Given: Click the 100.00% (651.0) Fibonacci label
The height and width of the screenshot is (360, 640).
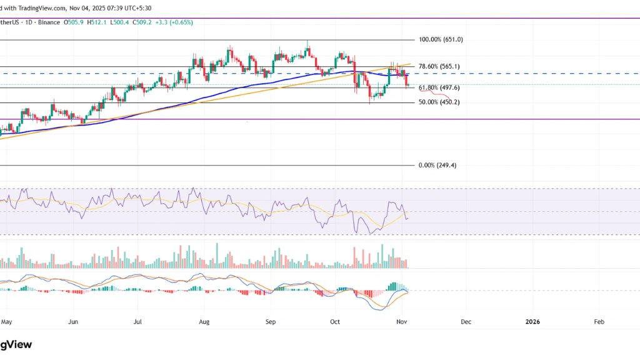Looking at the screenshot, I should tap(441, 39).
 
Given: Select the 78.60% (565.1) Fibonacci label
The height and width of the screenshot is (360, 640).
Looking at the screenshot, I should tap(439, 66).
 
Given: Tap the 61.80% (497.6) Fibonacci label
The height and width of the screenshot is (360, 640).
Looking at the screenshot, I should tap(439, 88).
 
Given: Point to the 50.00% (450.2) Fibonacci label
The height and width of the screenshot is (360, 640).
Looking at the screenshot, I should tap(439, 102).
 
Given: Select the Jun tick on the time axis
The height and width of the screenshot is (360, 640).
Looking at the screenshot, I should tap(73, 322).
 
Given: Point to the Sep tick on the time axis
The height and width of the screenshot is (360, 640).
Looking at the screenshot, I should tap(271, 322).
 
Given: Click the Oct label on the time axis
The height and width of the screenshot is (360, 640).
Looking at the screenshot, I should tap(335, 322).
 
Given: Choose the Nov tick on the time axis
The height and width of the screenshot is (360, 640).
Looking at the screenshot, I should tap(402, 322).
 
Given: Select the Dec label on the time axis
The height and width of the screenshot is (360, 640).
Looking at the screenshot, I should tap(466, 322).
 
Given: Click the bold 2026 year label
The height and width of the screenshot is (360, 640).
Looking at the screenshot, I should tap(532, 322).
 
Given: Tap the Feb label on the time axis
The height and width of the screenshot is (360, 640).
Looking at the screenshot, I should tap(599, 322).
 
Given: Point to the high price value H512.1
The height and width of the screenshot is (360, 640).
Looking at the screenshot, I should tap(99, 22).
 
